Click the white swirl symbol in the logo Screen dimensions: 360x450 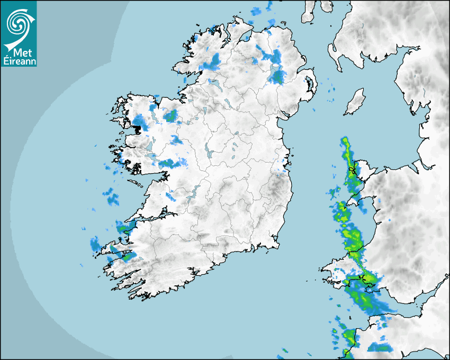18,22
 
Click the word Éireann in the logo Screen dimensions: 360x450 19,61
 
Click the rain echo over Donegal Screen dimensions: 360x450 212,62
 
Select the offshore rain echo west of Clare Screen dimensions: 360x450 111,196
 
